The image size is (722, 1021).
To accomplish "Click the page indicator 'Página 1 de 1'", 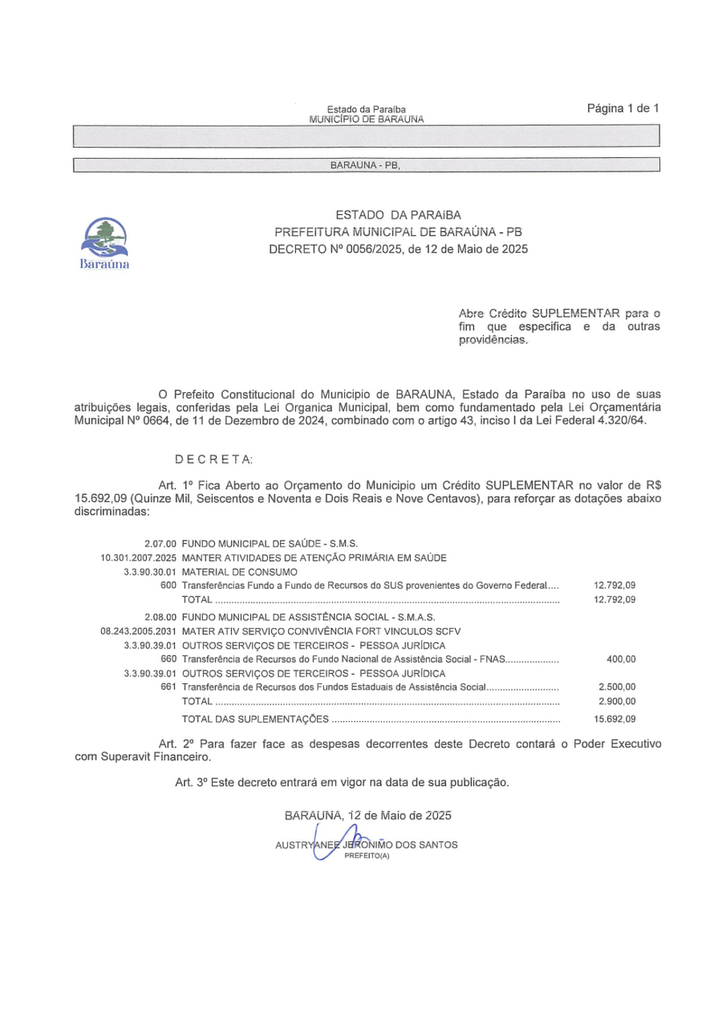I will tap(623, 107).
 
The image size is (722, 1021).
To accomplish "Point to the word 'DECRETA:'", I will tap(214, 458).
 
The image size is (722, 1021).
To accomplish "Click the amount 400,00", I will tap(621, 659).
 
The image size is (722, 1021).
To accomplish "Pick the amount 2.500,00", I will tap(617, 688).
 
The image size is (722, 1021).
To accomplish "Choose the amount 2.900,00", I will tap(617, 703).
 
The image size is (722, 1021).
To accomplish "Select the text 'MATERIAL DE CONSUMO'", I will tap(240, 573).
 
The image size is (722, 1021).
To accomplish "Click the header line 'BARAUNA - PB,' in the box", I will tap(365, 166).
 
